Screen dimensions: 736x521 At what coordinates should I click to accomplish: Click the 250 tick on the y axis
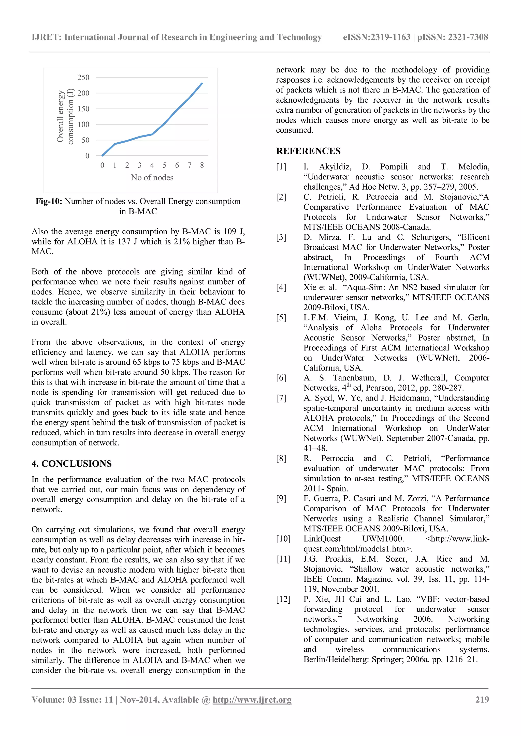point(83,78)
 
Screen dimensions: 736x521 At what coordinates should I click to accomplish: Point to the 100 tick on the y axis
point(83,124)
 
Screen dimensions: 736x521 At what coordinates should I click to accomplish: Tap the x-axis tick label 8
point(202,165)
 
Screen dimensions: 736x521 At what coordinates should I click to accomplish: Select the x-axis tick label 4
point(152,165)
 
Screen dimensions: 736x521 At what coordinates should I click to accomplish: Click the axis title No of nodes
point(152,178)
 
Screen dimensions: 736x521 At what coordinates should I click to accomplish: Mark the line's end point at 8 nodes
point(202,83)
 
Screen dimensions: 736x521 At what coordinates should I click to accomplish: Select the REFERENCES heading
point(308,151)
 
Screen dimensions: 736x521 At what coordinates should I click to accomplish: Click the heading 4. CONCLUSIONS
point(71,464)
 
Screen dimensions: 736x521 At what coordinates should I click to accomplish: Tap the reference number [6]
point(281,378)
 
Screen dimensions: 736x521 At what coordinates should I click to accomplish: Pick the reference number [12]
point(283,599)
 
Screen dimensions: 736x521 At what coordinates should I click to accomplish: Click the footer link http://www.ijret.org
point(252,700)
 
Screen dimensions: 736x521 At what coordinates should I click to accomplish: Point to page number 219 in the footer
point(482,700)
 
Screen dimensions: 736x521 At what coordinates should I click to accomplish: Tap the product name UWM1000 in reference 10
point(383,539)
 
